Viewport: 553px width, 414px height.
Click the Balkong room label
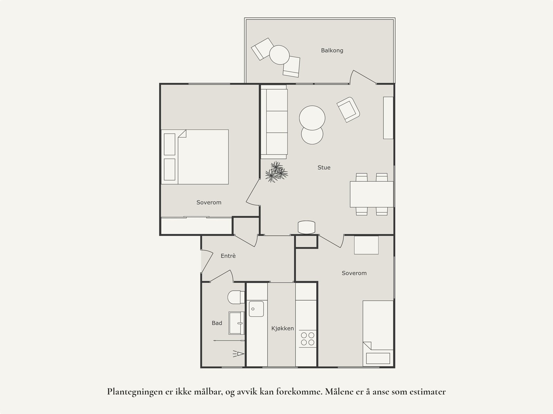point(332,50)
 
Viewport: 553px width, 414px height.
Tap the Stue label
point(324,168)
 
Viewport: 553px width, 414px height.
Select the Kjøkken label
point(282,328)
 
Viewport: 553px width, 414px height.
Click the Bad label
point(217,323)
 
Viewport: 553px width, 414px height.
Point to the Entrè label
point(228,256)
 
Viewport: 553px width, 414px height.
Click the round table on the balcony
point(279,55)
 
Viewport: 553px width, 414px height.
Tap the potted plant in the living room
point(276,172)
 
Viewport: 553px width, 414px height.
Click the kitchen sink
point(256,309)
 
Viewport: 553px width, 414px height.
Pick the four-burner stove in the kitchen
point(307,339)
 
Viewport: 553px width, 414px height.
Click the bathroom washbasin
point(237,323)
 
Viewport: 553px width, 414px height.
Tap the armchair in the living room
point(348,110)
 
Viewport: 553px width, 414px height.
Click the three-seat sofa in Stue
point(274,122)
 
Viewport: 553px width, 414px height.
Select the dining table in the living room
point(372,194)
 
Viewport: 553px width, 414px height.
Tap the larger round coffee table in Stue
point(312,118)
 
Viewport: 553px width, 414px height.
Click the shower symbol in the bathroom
point(238,354)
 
